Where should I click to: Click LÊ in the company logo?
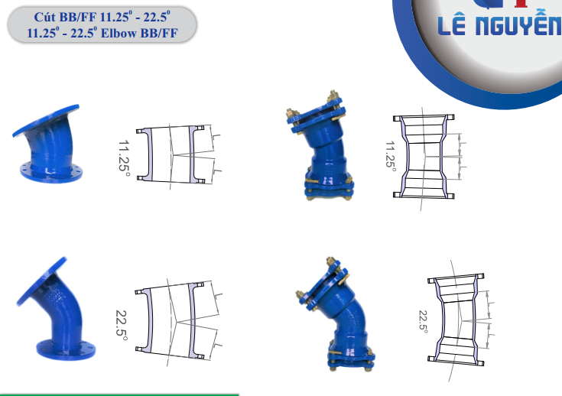(452, 26)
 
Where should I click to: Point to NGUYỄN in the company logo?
(518, 25)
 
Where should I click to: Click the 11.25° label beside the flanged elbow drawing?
(124, 158)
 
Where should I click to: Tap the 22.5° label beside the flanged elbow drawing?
(122, 325)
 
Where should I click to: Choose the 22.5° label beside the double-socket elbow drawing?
(424, 321)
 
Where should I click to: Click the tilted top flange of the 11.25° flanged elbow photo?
(46, 121)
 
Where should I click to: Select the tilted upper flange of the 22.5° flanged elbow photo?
(41, 281)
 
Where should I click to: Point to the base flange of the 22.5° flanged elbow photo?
(66, 349)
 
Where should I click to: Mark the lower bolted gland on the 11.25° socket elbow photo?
(329, 187)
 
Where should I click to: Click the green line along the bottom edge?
(119, 394)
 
